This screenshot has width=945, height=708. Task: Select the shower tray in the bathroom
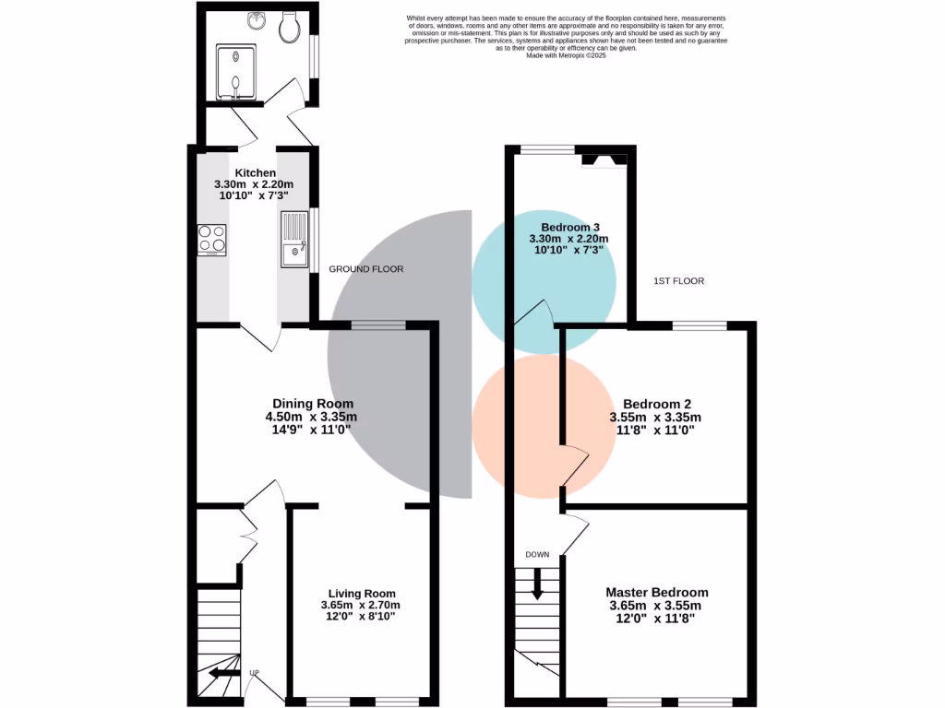point(238,72)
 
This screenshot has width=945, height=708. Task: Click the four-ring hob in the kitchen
point(211,240)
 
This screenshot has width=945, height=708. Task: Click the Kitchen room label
point(254,173)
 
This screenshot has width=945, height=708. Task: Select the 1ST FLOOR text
point(678,280)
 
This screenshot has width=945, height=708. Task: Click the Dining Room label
point(312,404)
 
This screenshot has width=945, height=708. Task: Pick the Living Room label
point(362,594)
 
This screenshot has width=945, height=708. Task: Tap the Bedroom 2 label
point(657,404)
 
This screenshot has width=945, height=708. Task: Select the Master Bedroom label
point(657,593)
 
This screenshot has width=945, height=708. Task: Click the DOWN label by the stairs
point(537,555)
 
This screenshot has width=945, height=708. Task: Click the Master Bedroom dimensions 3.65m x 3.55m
point(655,606)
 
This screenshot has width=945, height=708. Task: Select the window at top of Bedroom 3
point(545,148)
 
